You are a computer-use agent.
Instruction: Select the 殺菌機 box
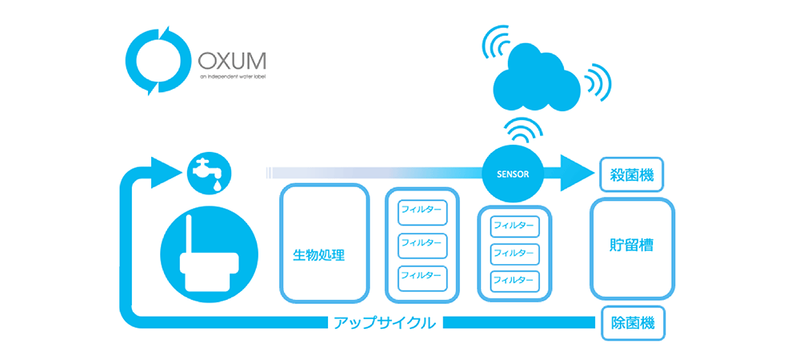click(632, 173)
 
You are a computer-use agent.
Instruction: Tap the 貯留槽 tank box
click(632, 248)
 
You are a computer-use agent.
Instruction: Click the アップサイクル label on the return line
click(385, 322)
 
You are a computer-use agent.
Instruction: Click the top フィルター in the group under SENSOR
click(515, 226)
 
